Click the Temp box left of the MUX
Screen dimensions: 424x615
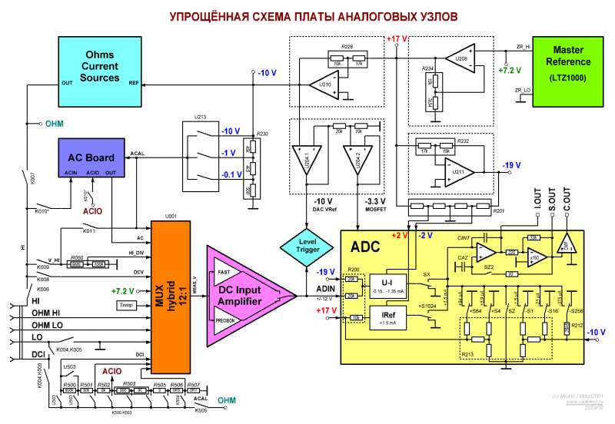coord(125,306)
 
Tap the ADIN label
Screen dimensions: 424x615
coord(326,289)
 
